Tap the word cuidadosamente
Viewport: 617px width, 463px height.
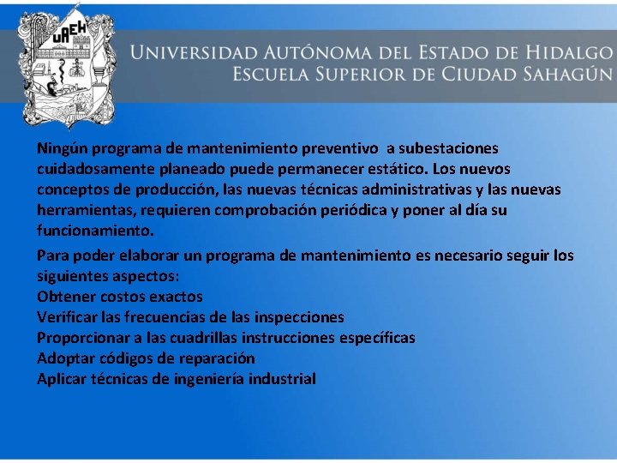95,169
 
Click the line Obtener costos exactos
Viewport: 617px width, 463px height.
120,297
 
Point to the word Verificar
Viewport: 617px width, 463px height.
67,317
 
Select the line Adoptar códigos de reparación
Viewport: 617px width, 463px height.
146,358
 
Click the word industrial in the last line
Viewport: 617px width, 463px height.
282,379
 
